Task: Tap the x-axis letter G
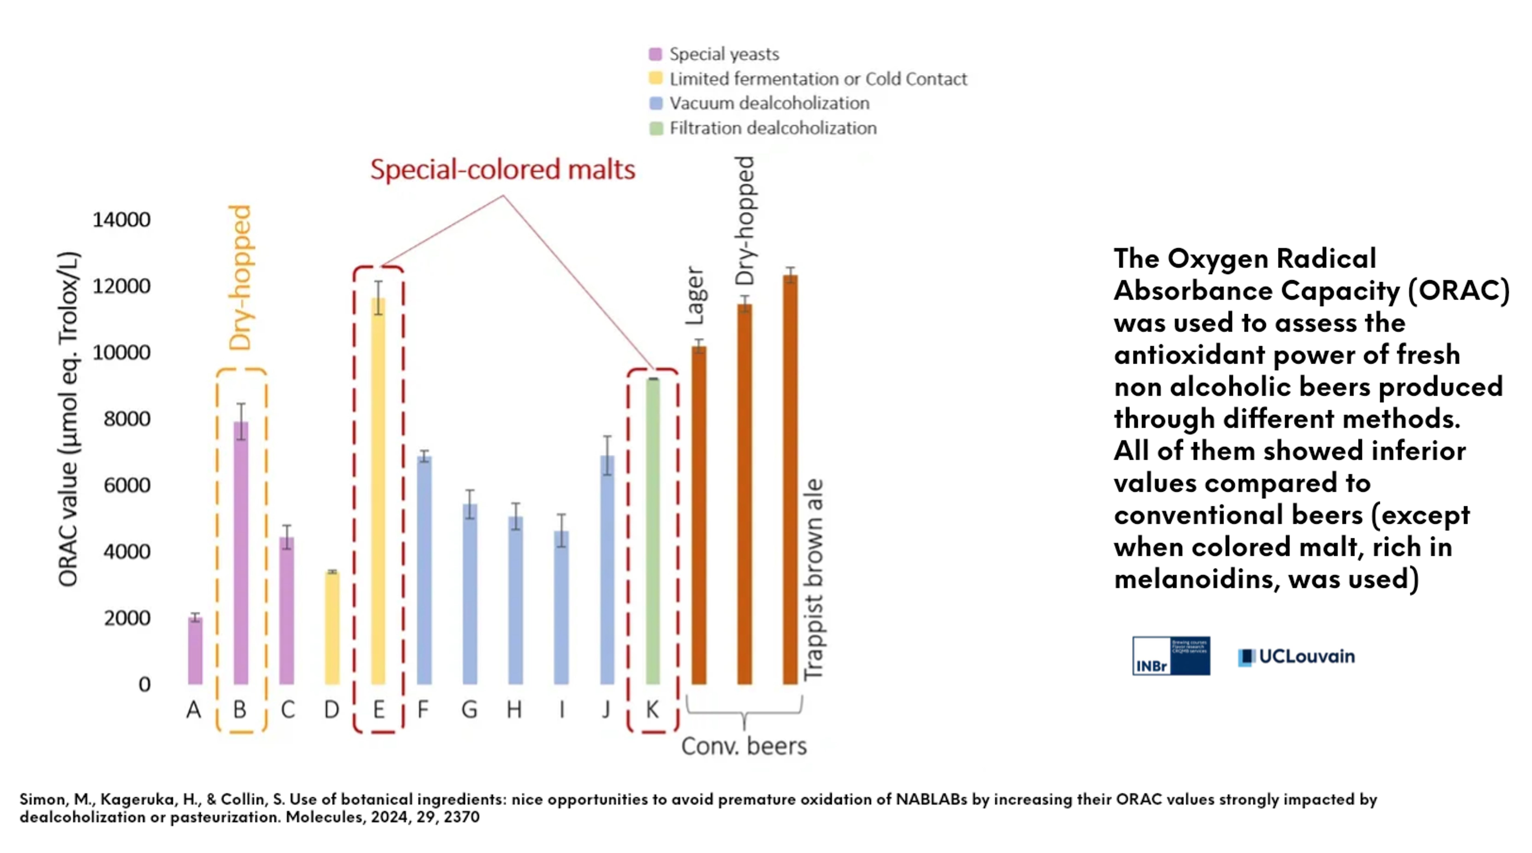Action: coord(469,709)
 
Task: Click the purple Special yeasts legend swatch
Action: coord(655,54)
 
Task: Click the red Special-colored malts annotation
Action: coord(503,169)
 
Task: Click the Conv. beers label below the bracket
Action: coord(743,746)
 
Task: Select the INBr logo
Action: coord(1170,656)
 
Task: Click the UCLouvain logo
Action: coord(1297,656)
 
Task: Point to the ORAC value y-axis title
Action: coord(68,419)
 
